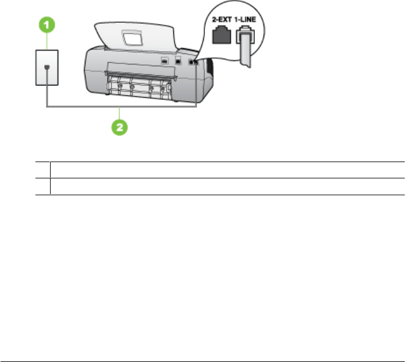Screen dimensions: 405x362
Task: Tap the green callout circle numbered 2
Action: (119, 127)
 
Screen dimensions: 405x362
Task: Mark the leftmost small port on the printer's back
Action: (165, 60)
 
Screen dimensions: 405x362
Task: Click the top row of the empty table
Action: (227, 170)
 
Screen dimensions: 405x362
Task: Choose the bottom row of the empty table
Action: (227, 186)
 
